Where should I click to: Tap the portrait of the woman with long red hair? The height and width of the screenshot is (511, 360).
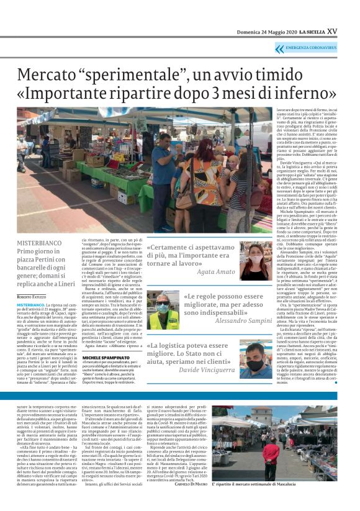click(x=251, y=262)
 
